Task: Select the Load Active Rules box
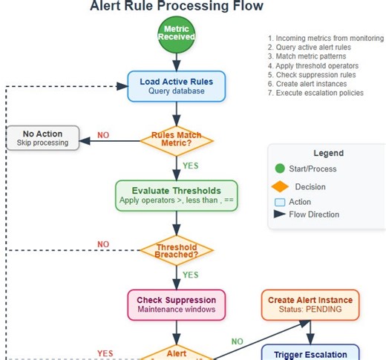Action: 177,86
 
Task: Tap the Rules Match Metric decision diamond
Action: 177,140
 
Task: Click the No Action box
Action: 42,138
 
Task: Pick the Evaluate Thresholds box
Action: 177,195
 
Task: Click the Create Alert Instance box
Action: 310,304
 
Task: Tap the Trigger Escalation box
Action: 310,354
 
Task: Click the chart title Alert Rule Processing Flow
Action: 176,7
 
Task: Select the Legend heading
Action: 328,153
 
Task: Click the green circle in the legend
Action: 279,169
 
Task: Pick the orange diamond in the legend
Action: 279,186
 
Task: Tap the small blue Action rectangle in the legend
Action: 279,201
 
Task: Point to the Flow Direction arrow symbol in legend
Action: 279,215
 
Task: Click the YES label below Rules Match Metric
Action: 191,166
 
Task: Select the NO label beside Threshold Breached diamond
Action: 103,244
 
